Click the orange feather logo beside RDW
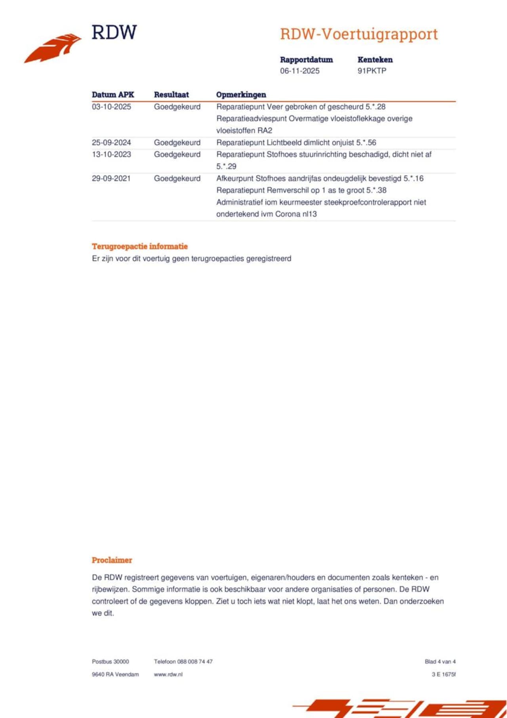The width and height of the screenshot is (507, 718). (53, 48)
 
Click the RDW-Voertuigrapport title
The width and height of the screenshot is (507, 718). (359, 34)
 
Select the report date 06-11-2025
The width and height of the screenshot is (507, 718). (299, 71)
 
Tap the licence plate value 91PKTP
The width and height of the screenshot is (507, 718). (372, 71)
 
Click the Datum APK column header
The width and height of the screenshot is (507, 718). (113, 95)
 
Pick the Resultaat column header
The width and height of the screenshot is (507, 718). (171, 95)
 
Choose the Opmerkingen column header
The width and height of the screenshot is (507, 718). (241, 95)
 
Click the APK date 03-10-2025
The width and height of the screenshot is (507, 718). (111, 107)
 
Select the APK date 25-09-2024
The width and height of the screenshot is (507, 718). (111, 143)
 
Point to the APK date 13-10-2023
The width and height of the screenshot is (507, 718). (111, 155)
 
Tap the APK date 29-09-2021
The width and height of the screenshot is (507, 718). (111, 178)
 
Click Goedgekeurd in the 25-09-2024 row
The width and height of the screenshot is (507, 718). (177, 143)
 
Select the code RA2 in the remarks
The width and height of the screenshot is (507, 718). (265, 131)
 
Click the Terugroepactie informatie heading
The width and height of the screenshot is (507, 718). (140, 246)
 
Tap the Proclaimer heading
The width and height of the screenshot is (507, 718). (112, 560)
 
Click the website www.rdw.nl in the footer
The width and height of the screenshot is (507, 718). (168, 674)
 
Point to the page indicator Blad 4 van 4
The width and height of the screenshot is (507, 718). (440, 662)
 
